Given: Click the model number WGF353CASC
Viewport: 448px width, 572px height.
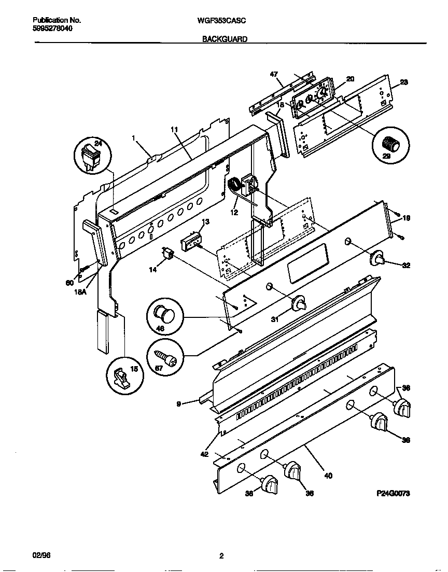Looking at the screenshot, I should (221, 21).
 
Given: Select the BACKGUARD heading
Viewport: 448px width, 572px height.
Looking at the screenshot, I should (225, 39).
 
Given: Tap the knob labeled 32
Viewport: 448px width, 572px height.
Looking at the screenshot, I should (378, 258).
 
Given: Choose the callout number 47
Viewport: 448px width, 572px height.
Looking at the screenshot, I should (274, 74).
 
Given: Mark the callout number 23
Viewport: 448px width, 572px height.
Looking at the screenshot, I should (404, 82).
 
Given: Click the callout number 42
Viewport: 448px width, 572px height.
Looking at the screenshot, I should (205, 454).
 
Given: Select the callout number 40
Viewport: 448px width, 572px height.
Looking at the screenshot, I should (328, 475).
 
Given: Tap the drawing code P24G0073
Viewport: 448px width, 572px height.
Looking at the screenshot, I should (393, 494).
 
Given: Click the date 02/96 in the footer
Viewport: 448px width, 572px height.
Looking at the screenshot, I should (39, 556).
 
